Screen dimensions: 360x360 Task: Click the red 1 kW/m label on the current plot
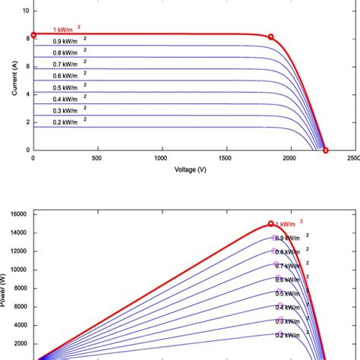(66, 30)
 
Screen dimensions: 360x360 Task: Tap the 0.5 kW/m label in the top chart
(66, 88)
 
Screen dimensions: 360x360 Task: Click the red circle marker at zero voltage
(33, 35)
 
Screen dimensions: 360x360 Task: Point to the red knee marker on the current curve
(271, 36)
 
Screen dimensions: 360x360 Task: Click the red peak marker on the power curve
(271, 224)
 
